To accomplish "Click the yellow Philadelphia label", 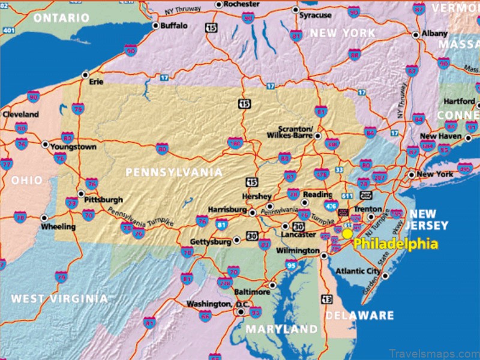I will [395, 244].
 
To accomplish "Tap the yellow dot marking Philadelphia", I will [347, 233].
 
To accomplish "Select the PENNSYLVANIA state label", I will [174, 173].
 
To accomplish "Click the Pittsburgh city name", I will [104, 199].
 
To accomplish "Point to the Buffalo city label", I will [173, 26].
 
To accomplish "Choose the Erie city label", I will [97, 82].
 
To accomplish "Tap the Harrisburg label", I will [227, 210].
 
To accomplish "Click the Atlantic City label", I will [358, 271].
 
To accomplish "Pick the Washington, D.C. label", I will [209, 304].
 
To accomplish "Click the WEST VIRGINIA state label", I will [60, 298].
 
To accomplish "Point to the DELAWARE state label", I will [359, 316].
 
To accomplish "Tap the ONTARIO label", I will [62, 18].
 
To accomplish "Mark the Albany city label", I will [434, 34].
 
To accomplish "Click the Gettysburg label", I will [211, 241].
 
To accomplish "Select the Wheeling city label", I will [58, 227].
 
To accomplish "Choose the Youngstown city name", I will [74, 147].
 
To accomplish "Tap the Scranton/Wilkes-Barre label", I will [295, 133].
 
